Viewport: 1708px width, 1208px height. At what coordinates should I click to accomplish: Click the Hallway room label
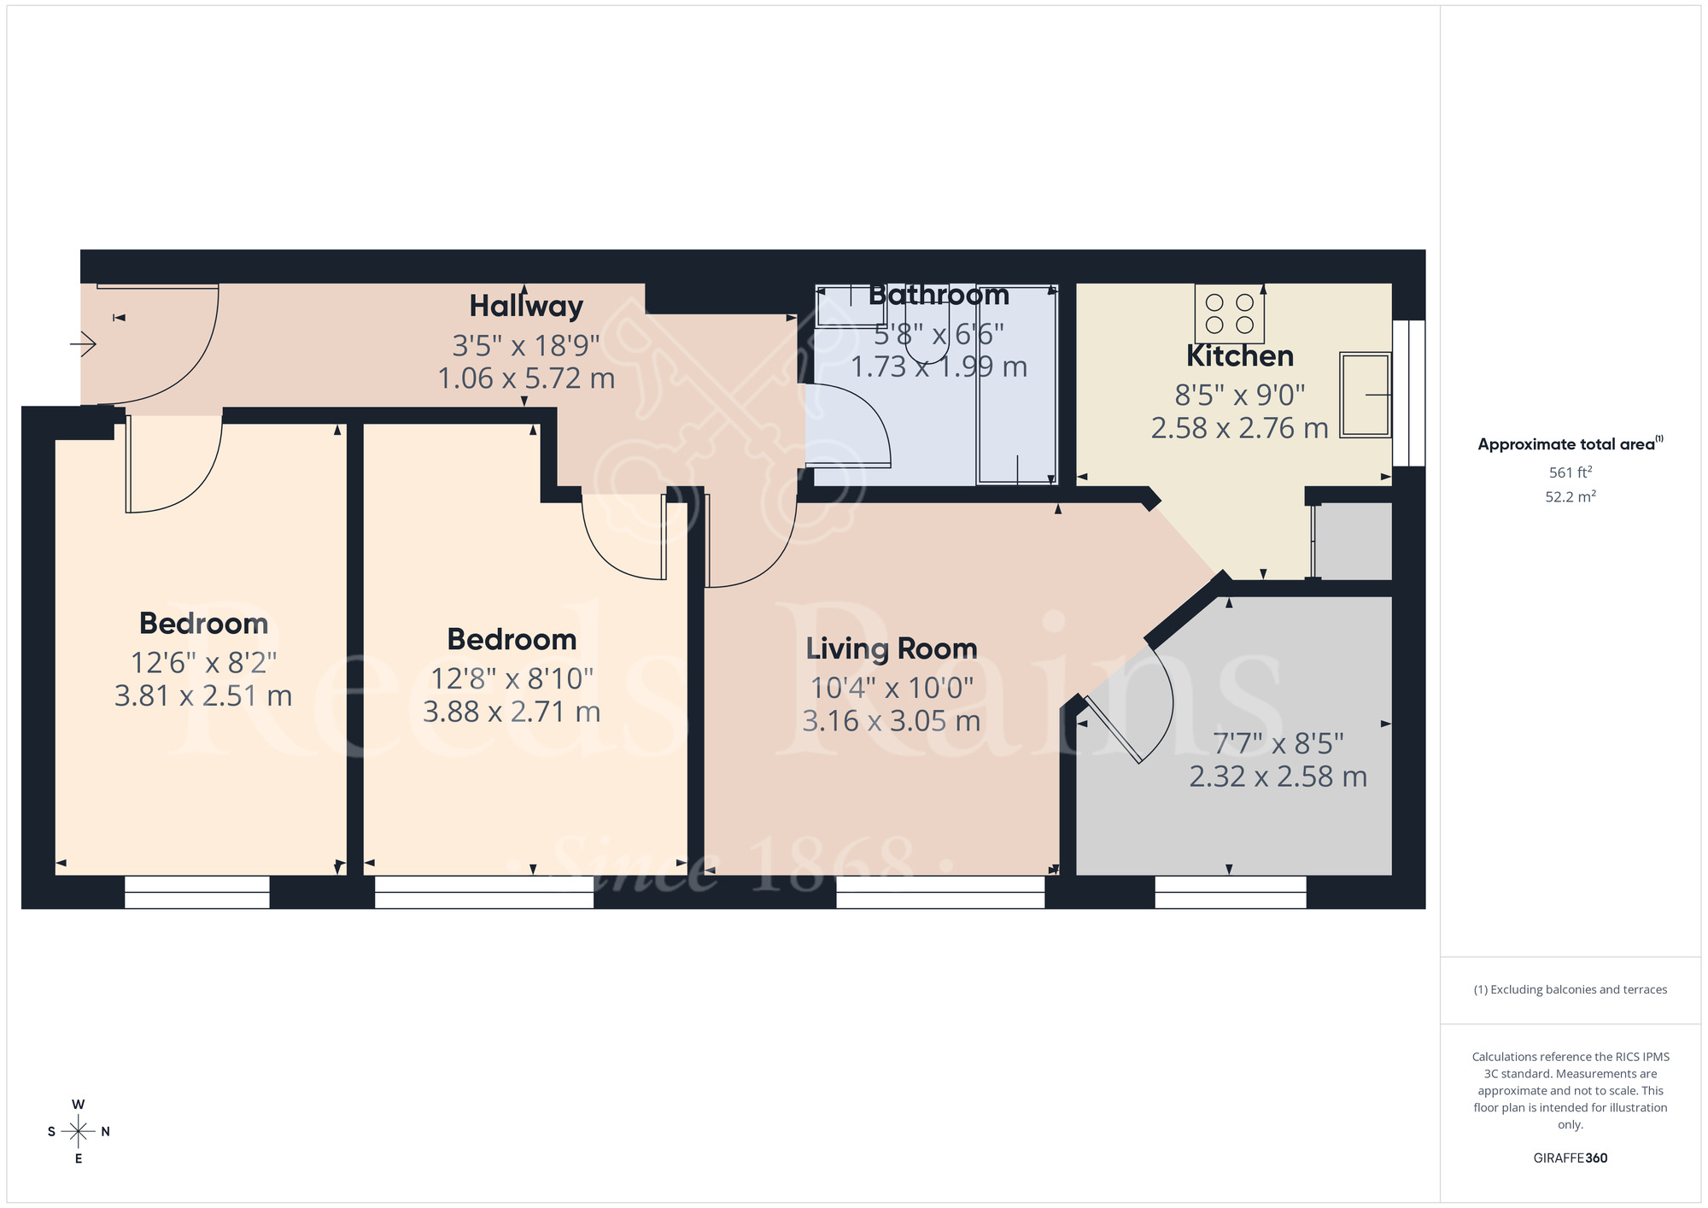[x=526, y=306]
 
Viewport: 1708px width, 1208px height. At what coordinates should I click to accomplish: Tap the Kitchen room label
[x=1240, y=355]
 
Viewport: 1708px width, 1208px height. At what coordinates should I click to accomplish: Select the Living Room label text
[x=892, y=648]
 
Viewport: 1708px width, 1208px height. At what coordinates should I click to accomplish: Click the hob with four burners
[x=1230, y=314]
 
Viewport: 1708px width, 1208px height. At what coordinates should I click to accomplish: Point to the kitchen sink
[x=1365, y=395]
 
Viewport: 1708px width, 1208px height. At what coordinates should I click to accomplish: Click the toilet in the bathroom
[x=927, y=346]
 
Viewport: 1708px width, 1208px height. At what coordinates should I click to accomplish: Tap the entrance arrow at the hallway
[x=84, y=344]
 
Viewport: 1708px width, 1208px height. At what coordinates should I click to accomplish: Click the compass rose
[x=79, y=1132]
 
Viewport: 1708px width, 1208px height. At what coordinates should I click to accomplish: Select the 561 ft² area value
[x=1570, y=472]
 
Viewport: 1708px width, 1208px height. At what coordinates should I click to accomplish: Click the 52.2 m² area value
[x=1570, y=496]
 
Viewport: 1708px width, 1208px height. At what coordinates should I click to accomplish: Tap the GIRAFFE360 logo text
[x=1570, y=1158]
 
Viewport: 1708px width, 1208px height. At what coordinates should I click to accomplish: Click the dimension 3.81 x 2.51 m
[x=203, y=695]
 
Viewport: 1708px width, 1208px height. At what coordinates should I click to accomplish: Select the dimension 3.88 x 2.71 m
[x=512, y=712]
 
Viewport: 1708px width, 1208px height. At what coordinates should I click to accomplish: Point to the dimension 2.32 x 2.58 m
[x=1278, y=777]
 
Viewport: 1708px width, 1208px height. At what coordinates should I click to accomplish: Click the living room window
[x=940, y=892]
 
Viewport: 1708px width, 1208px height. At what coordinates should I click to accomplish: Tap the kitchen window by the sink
[x=1409, y=393]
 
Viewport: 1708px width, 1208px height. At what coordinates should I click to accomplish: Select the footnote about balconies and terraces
[x=1570, y=989]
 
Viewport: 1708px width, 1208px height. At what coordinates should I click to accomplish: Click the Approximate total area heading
[x=1570, y=444]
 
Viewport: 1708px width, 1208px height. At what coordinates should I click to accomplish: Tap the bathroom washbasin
[x=839, y=308]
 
